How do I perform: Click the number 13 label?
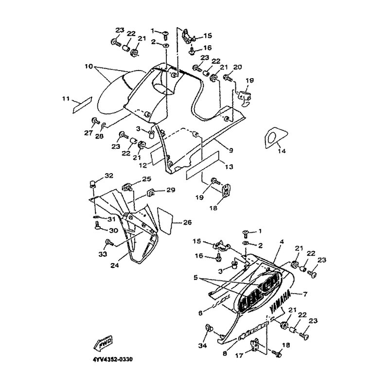[x=229, y=166]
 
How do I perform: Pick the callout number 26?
[x=188, y=223]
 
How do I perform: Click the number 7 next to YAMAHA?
[x=306, y=295]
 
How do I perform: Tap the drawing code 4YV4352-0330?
[x=110, y=360]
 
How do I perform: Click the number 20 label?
[x=237, y=67]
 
